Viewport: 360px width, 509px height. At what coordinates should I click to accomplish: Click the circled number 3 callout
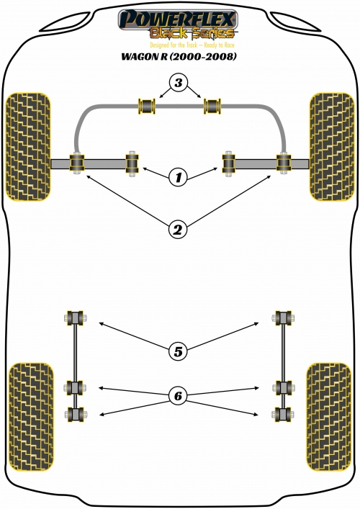(x=179, y=83)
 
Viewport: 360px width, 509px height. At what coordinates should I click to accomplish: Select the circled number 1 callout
(x=179, y=177)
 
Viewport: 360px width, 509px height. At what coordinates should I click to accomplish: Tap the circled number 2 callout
(x=179, y=230)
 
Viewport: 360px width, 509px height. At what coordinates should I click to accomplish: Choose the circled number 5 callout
(x=179, y=351)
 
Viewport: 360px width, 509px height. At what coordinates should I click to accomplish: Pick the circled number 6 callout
(x=179, y=396)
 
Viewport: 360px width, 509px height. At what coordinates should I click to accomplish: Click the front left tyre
(x=28, y=147)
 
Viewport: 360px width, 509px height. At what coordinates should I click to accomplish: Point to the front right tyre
(x=332, y=147)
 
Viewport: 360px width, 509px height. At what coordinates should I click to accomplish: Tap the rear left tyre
(x=31, y=417)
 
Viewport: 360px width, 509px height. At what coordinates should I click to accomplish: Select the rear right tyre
(x=329, y=417)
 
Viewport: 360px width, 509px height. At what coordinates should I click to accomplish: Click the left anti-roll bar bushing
(x=147, y=106)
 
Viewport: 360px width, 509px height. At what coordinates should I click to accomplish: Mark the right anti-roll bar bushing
(x=212, y=106)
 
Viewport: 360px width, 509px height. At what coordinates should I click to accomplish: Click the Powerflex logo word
(x=178, y=19)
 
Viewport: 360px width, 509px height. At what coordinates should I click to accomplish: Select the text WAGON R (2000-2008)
(x=179, y=56)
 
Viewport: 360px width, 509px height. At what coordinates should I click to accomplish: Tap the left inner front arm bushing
(x=132, y=163)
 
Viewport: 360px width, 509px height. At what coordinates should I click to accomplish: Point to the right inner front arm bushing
(x=228, y=163)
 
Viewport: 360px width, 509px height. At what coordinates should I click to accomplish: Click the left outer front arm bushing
(x=77, y=163)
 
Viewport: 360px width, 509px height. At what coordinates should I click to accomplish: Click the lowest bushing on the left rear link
(x=76, y=415)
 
